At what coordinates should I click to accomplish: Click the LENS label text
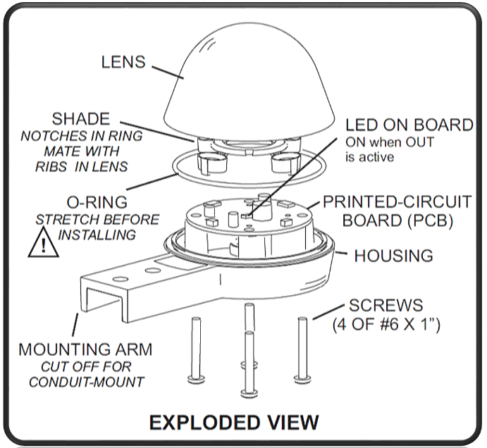tap(123, 62)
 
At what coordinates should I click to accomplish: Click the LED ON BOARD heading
tap(409, 125)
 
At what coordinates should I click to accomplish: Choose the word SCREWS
tap(386, 306)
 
